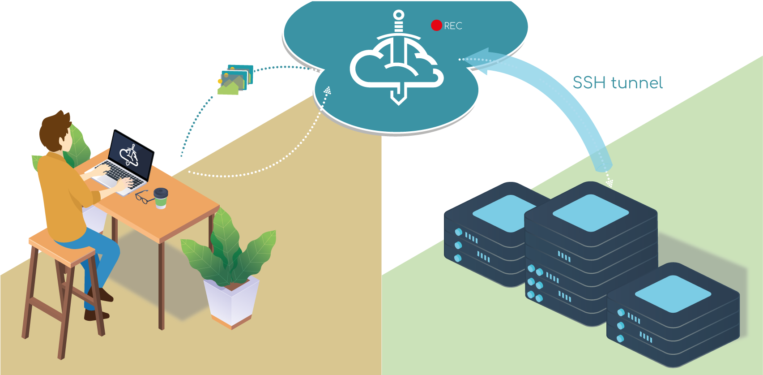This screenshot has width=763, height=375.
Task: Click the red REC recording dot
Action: click(x=436, y=26)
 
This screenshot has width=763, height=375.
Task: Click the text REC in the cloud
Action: click(x=453, y=26)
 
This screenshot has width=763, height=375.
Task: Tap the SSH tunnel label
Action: click(x=618, y=83)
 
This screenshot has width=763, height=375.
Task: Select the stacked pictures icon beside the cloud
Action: click(x=236, y=79)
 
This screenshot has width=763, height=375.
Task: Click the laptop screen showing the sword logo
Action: click(x=132, y=155)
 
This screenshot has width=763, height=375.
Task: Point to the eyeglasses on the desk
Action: click(x=144, y=197)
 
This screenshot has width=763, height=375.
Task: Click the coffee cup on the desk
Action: click(x=161, y=198)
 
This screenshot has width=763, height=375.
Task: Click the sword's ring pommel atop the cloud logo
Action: click(x=398, y=16)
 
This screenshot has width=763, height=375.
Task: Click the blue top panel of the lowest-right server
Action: click(x=673, y=293)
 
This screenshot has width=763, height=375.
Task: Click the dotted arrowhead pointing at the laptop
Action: click(x=182, y=152)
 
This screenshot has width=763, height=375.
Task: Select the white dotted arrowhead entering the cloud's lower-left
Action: click(x=328, y=91)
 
